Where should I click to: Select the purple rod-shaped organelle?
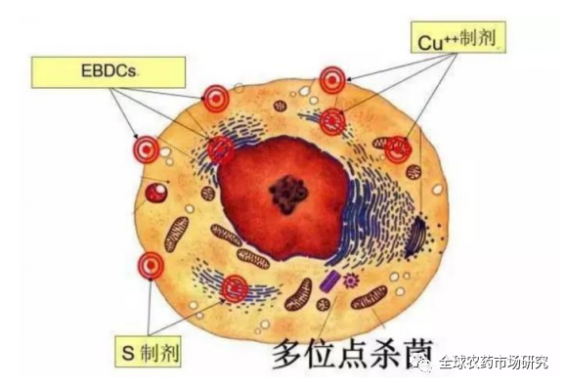tap(330, 281)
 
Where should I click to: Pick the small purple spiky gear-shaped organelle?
tap(350, 281)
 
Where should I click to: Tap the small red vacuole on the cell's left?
tap(155, 193)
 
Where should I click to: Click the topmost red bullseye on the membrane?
tap(332, 79)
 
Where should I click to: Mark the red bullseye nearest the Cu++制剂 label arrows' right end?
tap(397, 150)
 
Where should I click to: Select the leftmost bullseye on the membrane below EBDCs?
tap(147, 150)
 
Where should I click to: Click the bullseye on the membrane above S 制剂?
tap(152, 263)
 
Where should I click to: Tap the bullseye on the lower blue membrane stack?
tap(235, 287)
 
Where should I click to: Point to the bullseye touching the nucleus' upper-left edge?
tap(221, 149)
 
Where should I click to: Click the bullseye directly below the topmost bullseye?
tap(332, 121)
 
